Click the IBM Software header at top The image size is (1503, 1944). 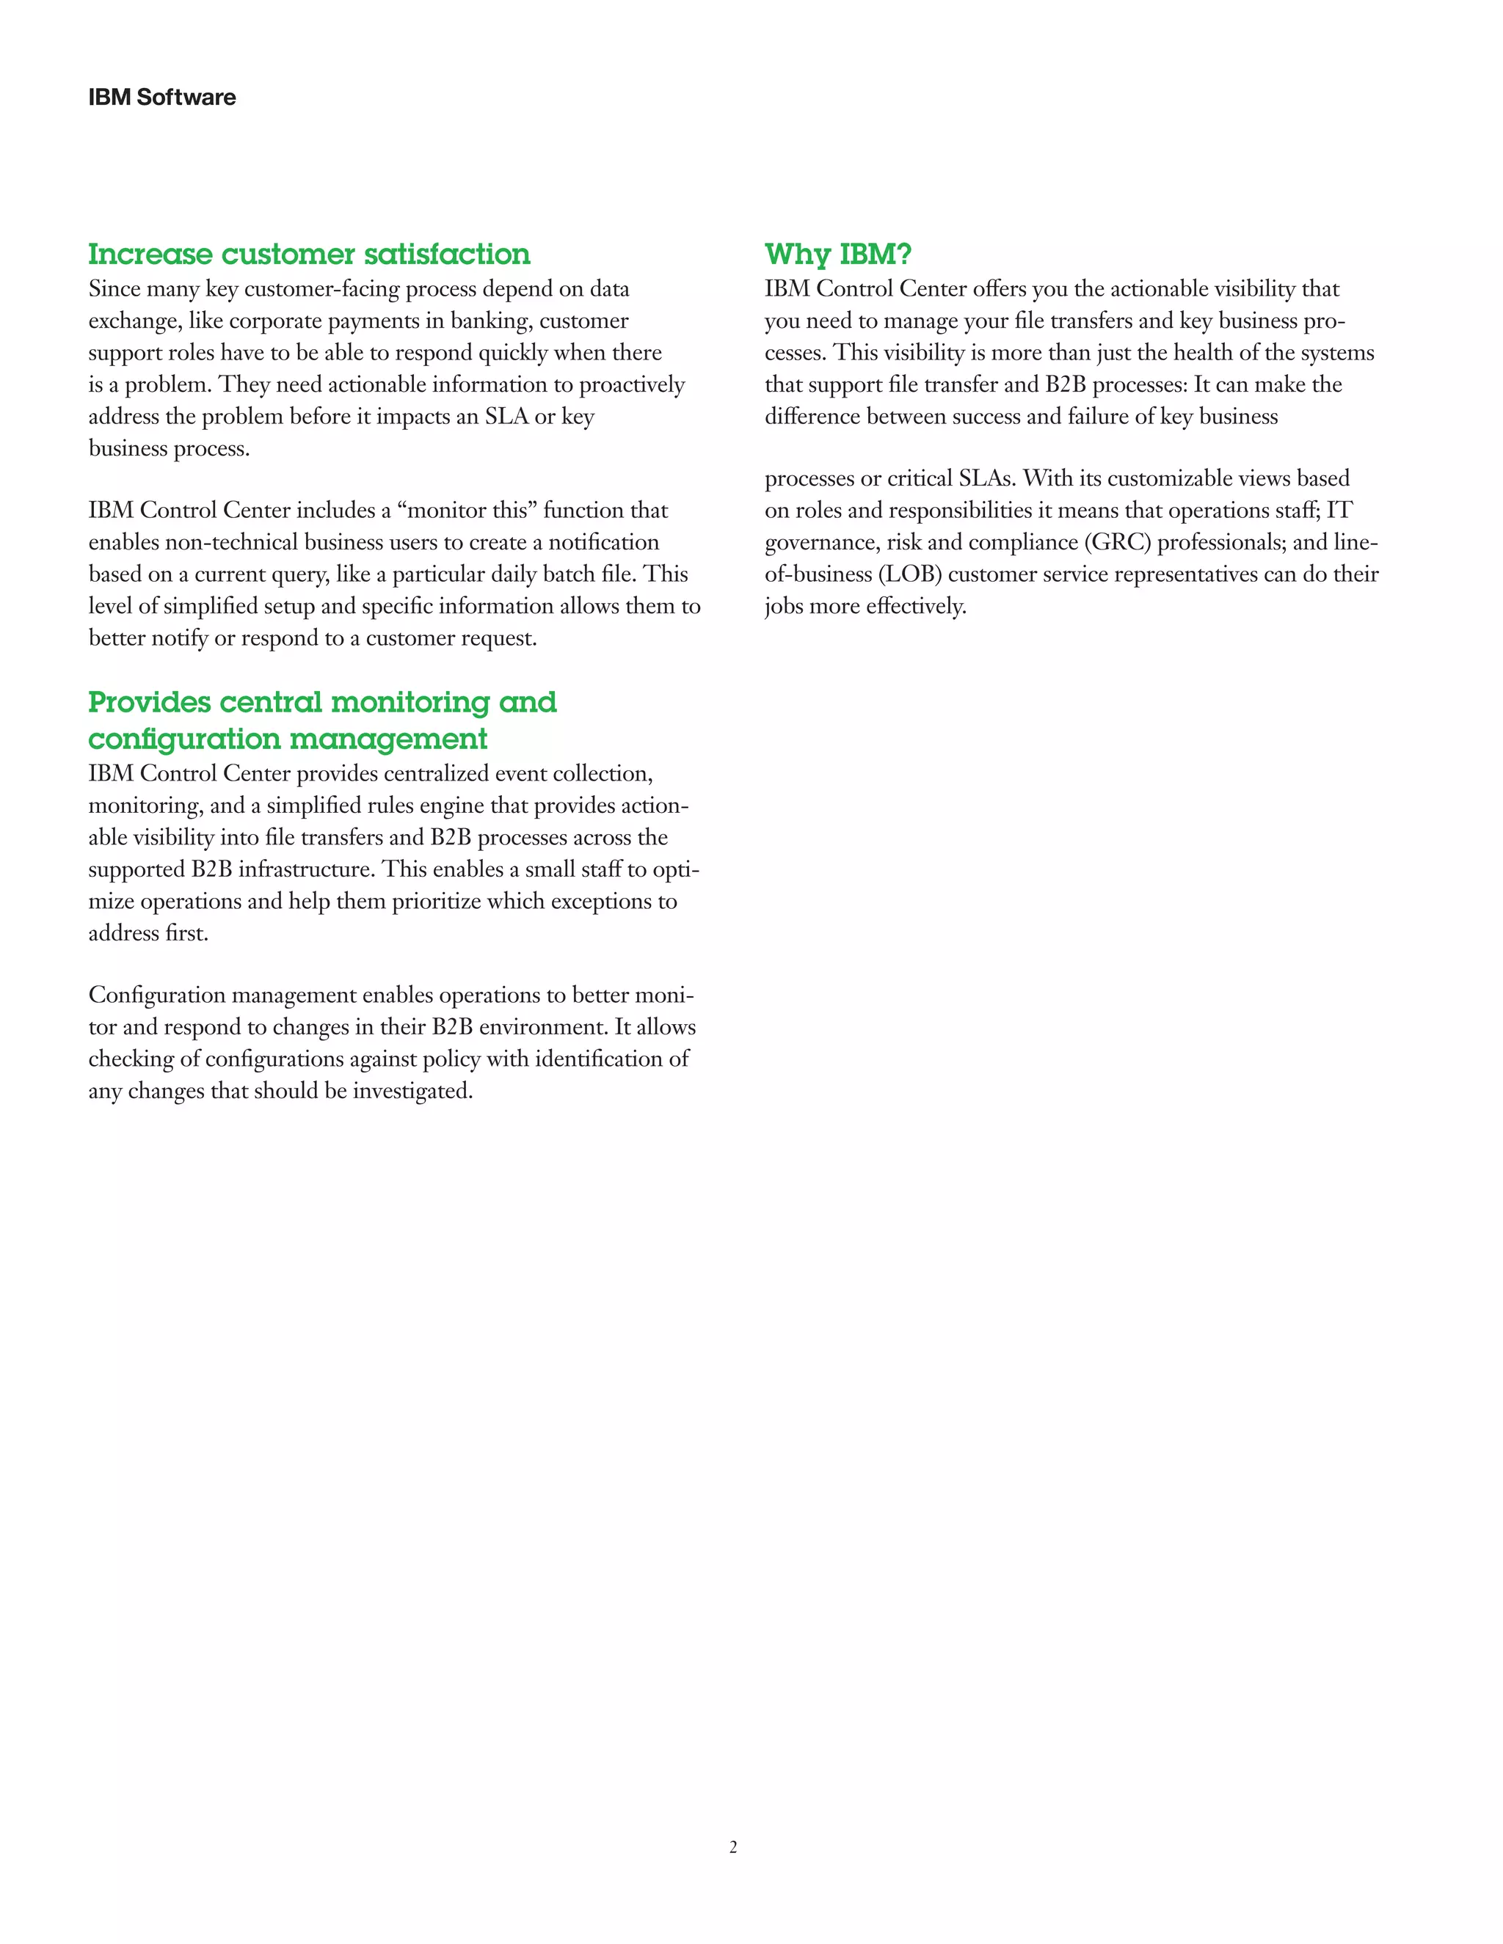click(162, 97)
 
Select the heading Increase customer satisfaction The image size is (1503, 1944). click(309, 255)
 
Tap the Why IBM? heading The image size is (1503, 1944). click(838, 255)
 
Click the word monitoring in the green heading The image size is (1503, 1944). click(410, 702)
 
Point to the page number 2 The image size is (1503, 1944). click(733, 1847)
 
